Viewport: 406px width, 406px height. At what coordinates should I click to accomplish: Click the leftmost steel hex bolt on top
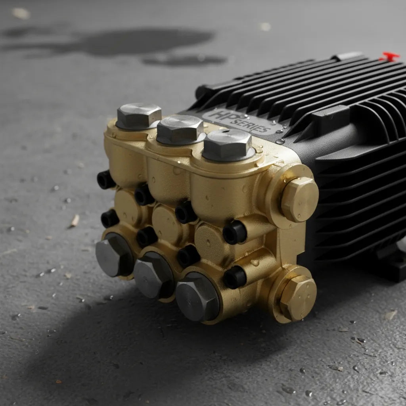coord(139,116)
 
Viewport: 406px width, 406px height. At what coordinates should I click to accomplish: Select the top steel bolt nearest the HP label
coord(228,145)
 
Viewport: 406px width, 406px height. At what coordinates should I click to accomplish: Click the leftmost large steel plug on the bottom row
coord(113,255)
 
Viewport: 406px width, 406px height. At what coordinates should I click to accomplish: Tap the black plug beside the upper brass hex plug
coord(235,232)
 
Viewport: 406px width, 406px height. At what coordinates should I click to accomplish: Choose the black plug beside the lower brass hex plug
coord(235,277)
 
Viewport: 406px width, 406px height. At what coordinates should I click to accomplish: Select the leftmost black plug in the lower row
coord(109,218)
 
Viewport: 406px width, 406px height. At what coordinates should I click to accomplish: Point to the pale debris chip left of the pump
coord(75,220)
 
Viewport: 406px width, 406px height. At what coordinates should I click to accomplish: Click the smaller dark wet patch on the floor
coord(184,60)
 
